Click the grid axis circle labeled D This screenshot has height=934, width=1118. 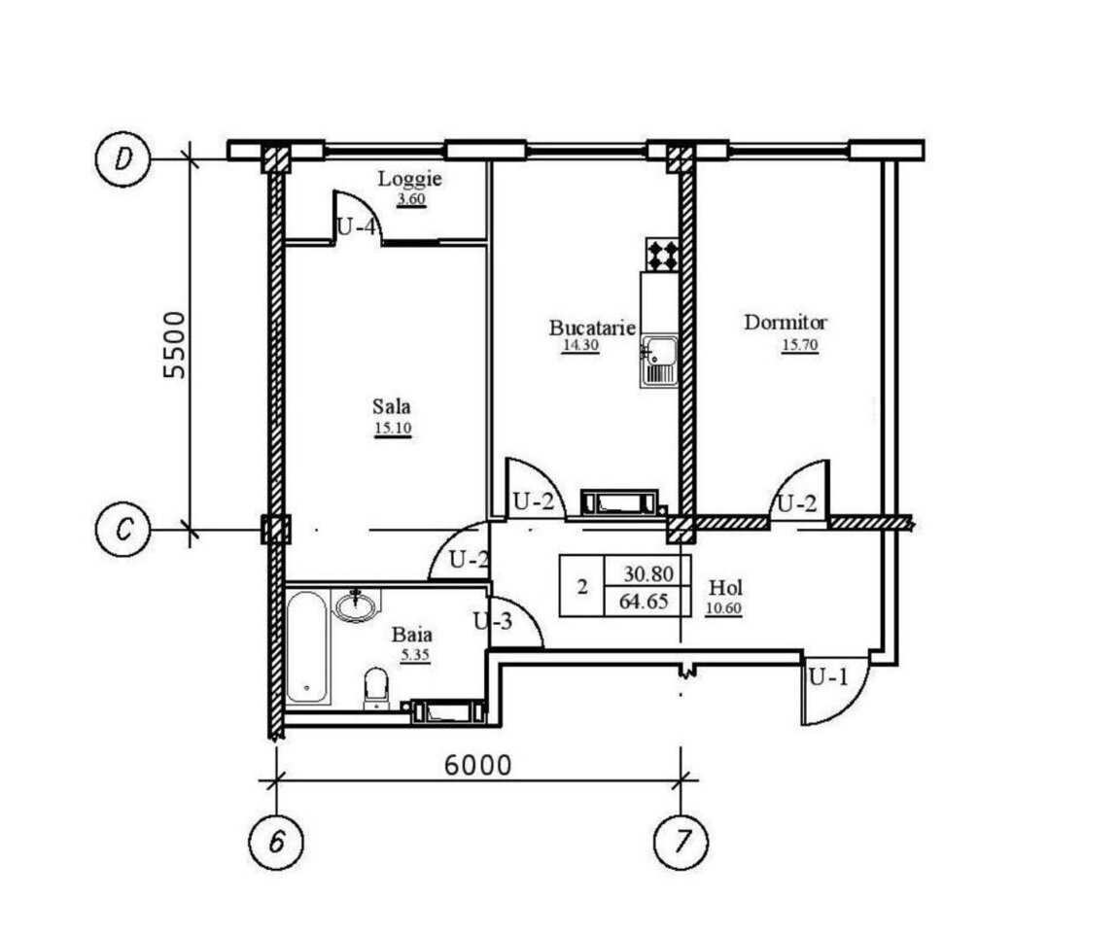tap(122, 159)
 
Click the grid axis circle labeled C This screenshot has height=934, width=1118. tap(122, 529)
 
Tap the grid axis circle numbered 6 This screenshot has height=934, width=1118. tap(276, 842)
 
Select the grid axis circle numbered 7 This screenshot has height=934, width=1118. tap(681, 842)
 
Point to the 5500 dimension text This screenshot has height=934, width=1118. tap(174, 344)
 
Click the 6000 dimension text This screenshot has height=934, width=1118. tap(477, 765)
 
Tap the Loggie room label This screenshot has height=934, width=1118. tap(409, 178)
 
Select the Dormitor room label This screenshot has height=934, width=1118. tap(786, 323)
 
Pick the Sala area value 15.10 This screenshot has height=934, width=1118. tap(392, 429)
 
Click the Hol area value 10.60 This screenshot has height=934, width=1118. tap(723, 608)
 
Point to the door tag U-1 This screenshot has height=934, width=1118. tap(828, 676)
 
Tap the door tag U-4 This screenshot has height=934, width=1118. tap(355, 227)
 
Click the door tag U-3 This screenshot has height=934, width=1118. tap(493, 621)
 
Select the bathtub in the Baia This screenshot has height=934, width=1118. tap(307, 646)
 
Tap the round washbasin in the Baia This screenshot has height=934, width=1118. tap(356, 606)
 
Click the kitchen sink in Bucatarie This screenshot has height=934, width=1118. tap(658, 362)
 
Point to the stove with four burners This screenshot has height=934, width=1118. tap(662, 255)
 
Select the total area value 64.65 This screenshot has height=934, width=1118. tap(644, 601)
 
